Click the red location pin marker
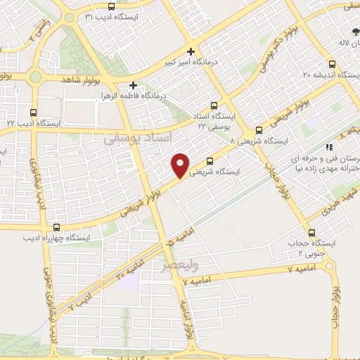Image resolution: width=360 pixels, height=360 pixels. click(181, 165)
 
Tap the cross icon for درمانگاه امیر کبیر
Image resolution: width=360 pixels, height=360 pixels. click(191, 51)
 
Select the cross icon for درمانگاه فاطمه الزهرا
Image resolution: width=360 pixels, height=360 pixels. click(133, 84)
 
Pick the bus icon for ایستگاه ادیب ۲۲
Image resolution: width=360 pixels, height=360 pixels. click(34, 112)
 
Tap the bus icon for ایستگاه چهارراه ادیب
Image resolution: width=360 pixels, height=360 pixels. click(56, 226)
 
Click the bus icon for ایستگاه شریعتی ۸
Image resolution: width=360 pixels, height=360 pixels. click(259, 130)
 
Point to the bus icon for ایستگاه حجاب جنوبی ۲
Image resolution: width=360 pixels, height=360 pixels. click(311, 233)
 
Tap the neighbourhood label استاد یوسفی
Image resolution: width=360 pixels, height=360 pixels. click(137, 139)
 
